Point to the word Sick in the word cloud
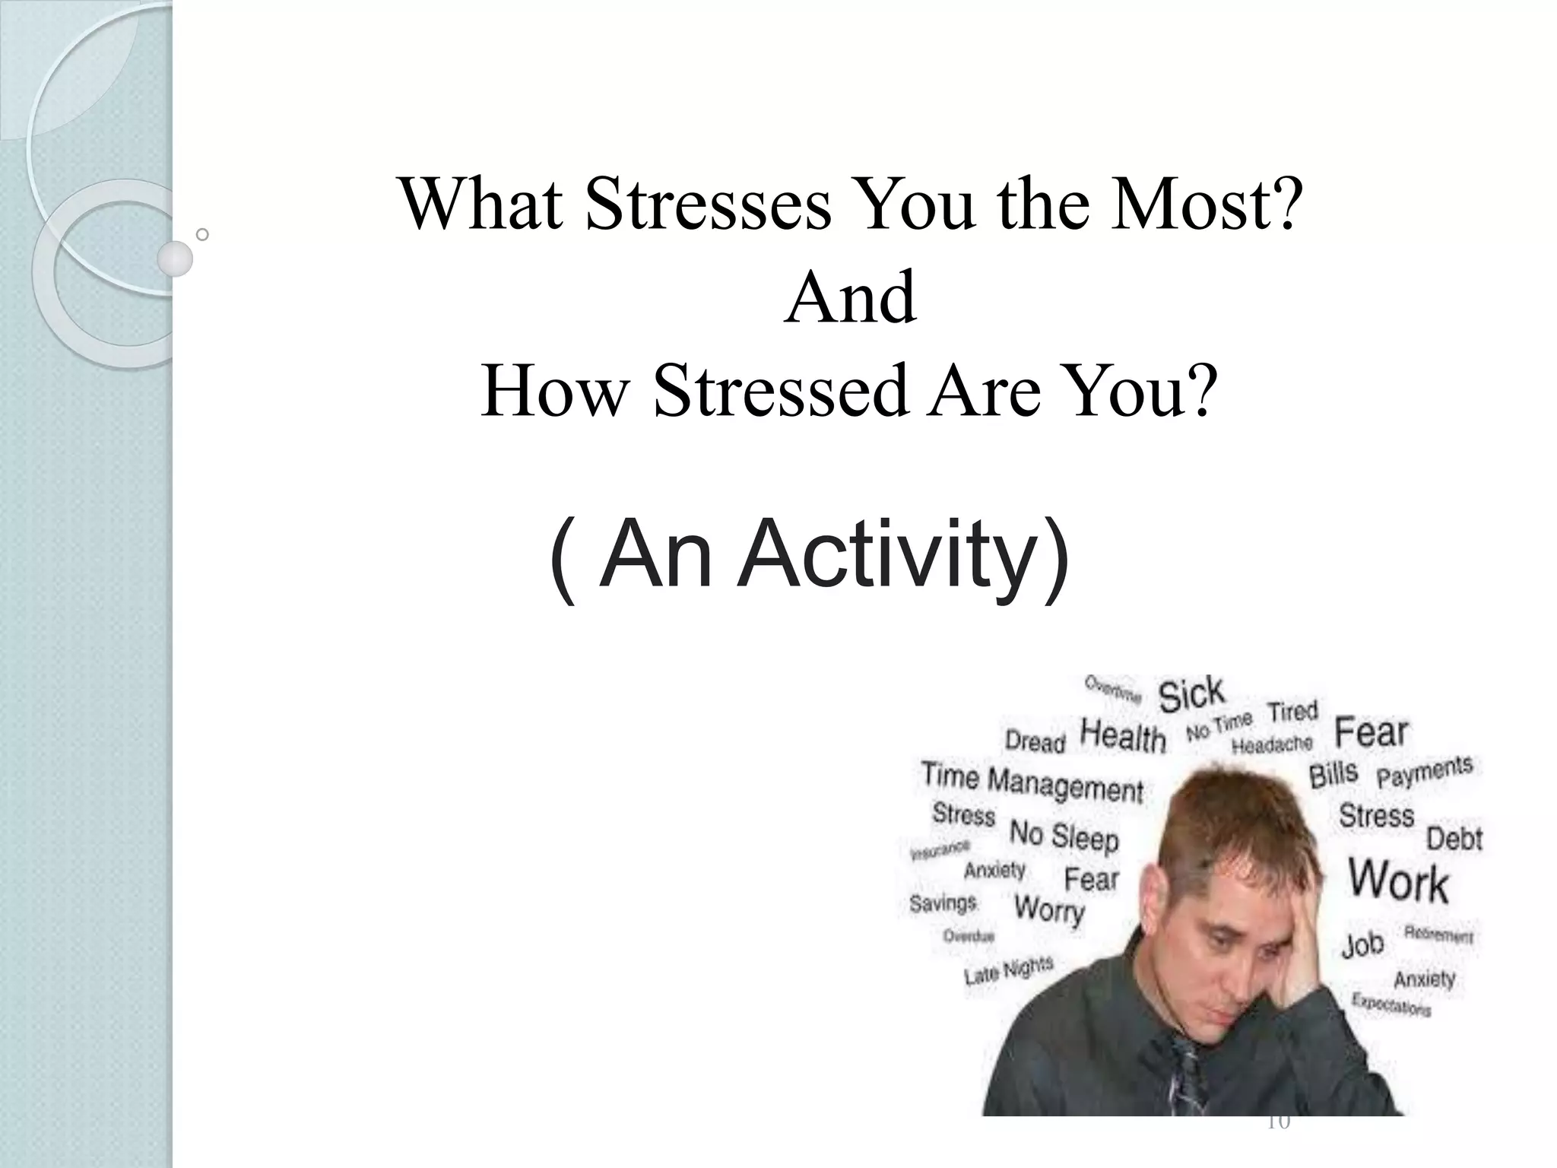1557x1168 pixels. pos(1191,694)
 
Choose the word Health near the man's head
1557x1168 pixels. pos(1123,736)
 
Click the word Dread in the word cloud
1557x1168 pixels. pos(1035,741)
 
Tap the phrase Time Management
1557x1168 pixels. pos(1032,782)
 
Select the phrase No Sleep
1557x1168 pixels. pos(1064,836)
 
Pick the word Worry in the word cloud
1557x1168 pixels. pos(1049,908)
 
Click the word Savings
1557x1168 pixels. pos(943,903)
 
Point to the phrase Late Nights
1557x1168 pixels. pos(1008,970)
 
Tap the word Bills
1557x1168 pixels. pos(1333,774)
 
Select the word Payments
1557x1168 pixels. pos(1425,771)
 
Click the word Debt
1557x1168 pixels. pos(1454,839)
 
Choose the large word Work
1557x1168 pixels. pos(1398,882)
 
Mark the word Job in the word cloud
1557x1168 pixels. pos(1362,945)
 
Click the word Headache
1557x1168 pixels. pos(1272,744)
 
